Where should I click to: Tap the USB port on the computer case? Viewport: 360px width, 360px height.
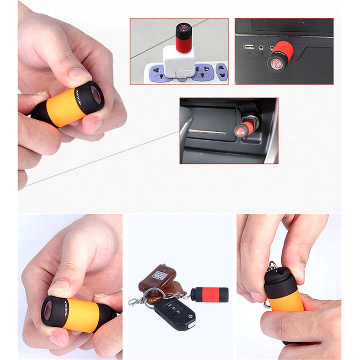point(248,46)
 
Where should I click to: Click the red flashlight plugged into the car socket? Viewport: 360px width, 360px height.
point(246,127)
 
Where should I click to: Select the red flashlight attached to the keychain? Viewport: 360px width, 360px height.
point(209,294)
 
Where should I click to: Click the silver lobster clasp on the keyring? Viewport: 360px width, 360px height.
point(135,300)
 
